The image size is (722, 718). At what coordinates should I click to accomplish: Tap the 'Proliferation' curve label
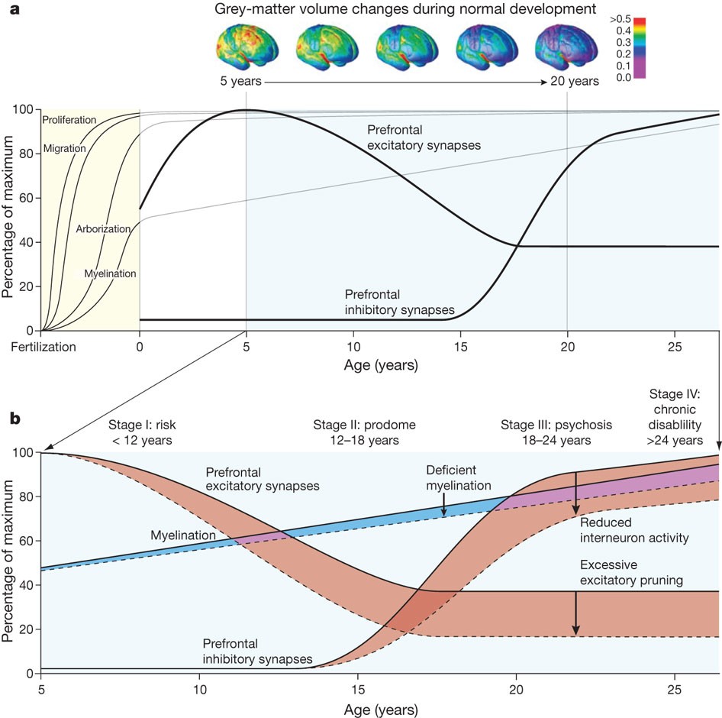tap(69, 121)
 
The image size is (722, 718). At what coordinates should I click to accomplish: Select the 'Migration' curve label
tap(65, 148)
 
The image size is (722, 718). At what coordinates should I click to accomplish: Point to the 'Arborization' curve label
tap(103, 228)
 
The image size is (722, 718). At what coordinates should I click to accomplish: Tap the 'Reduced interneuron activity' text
tap(634, 531)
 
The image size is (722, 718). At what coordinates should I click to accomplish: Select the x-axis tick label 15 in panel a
tap(460, 345)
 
